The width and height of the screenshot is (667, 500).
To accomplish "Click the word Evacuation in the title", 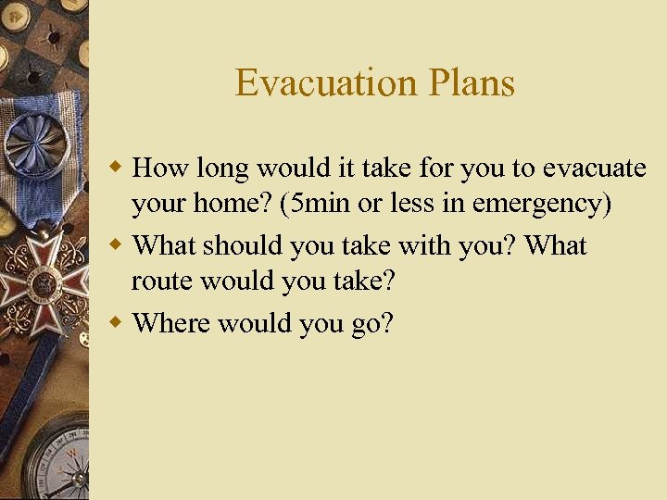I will (x=314, y=83).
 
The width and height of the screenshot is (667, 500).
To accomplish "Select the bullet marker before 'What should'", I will (x=118, y=245).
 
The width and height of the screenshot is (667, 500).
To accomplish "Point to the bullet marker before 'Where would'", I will (x=118, y=322).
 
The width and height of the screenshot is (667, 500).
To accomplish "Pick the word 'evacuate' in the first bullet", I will (x=594, y=169).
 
